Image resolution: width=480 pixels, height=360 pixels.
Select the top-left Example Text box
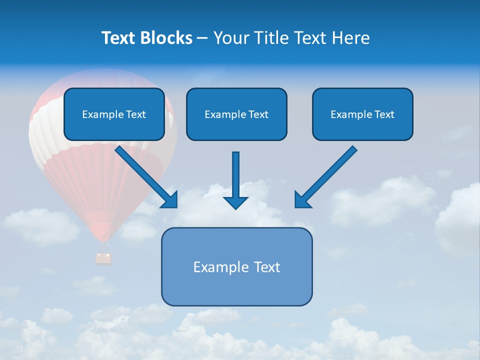tap(114, 114)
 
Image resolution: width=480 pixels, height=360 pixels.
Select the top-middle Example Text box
tap(236, 114)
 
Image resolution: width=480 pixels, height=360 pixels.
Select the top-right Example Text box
tap(362, 114)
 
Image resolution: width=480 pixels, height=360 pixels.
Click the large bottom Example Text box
tap(236, 266)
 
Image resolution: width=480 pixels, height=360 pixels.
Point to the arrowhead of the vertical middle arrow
tap(235, 202)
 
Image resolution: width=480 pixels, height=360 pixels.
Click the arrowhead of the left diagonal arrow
tap(170, 200)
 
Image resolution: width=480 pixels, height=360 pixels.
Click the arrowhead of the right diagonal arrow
tap(302, 200)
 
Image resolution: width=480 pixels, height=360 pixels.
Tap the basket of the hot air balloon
tap(104, 258)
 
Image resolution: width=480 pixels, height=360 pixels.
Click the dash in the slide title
tap(202, 38)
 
